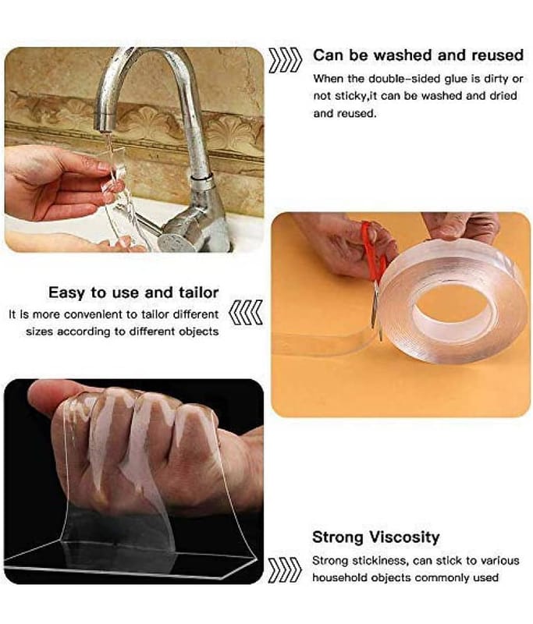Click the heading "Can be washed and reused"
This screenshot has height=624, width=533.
(x=418, y=55)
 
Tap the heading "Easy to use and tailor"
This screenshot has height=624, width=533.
(x=133, y=292)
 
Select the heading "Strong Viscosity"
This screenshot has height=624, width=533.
(x=376, y=537)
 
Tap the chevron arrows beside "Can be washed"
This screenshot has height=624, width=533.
(x=285, y=60)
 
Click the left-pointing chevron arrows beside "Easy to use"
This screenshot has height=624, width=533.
(x=246, y=313)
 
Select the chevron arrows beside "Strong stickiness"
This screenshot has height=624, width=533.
(x=285, y=570)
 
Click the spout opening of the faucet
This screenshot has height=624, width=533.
(x=103, y=126)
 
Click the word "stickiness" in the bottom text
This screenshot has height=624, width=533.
(x=380, y=561)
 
